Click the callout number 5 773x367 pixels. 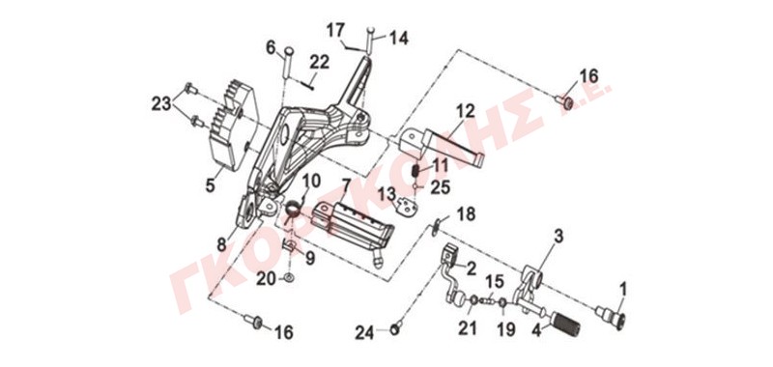point(211,186)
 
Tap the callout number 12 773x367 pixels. point(465,111)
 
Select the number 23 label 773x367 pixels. point(162,104)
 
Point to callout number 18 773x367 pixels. point(466,214)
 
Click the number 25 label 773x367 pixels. point(440,187)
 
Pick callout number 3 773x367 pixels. point(558,236)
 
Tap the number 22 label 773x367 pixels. point(320,63)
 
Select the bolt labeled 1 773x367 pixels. point(611,315)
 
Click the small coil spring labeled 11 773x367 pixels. point(415,172)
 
